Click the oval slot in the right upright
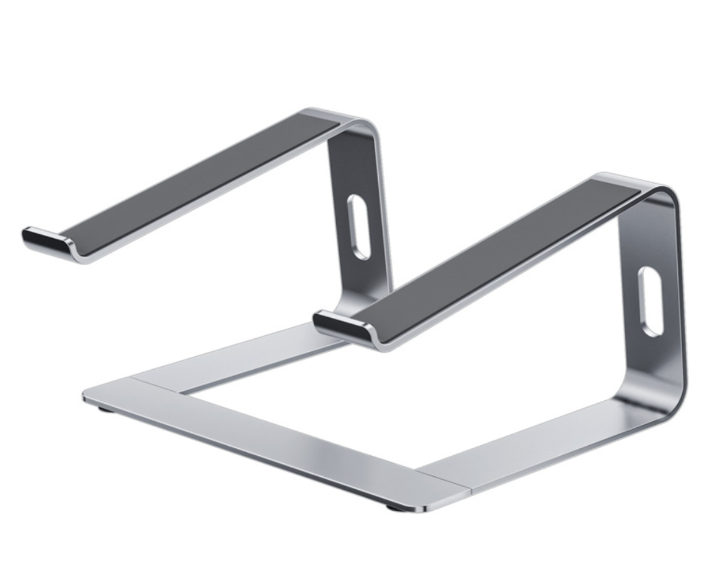tap(651, 301)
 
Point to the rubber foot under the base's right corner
tap(394, 508)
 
